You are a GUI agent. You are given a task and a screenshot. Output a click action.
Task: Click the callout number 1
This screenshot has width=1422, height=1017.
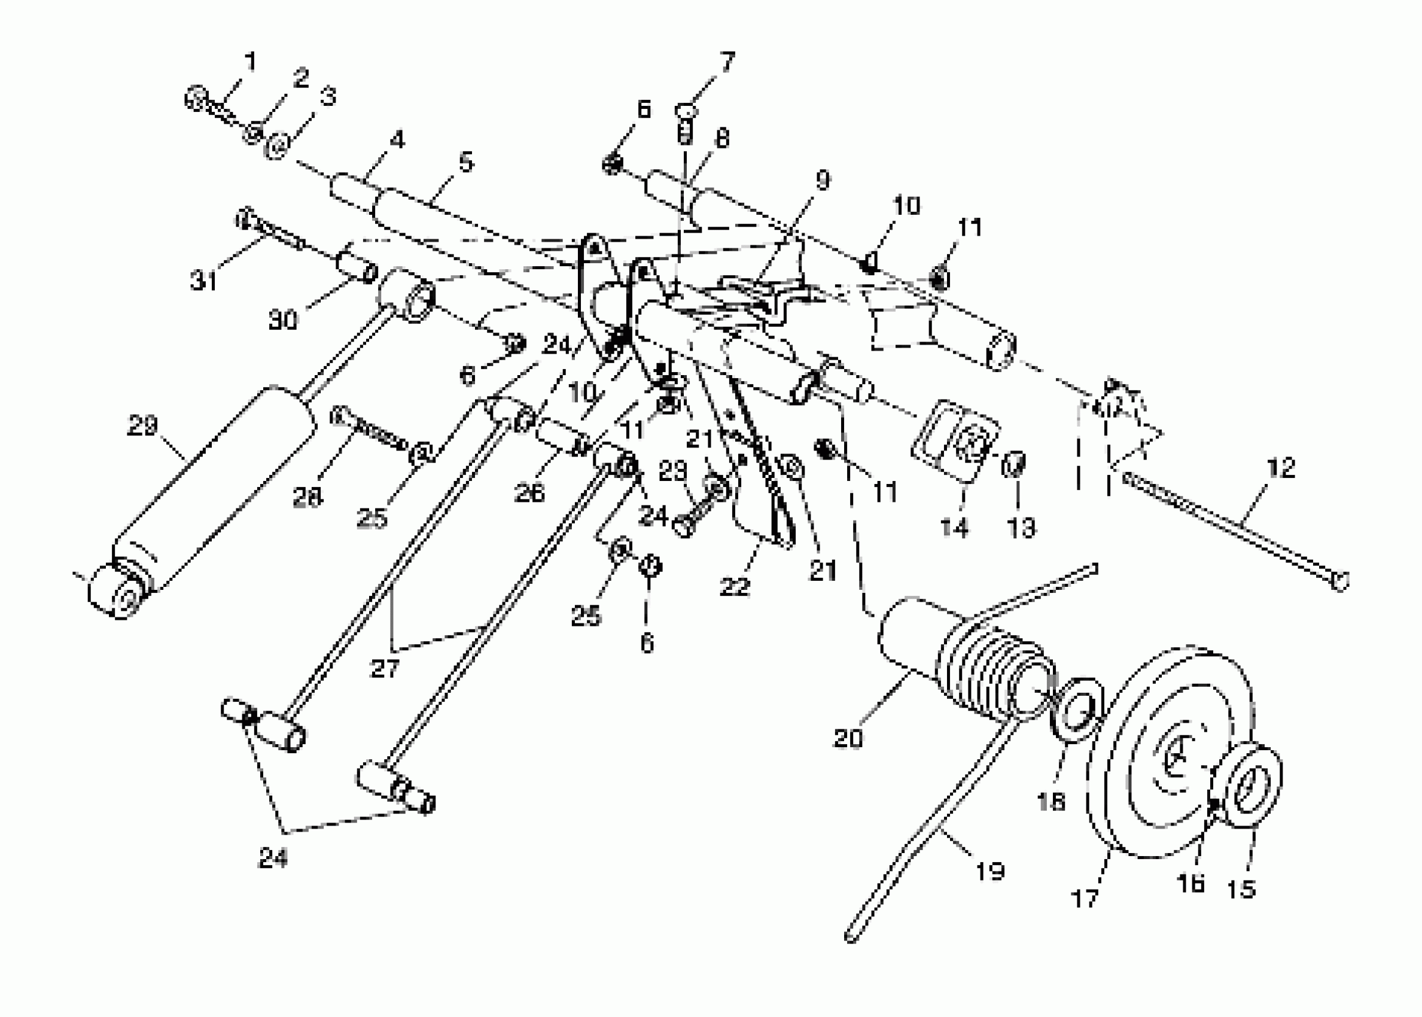click(x=250, y=62)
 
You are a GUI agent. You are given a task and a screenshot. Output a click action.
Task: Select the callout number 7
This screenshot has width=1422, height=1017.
click(x=727, y=62)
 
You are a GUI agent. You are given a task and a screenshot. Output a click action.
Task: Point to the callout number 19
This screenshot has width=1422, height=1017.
click(x=990, y=870)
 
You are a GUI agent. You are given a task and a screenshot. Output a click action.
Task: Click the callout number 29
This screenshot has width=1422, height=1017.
click(x=142, y=427)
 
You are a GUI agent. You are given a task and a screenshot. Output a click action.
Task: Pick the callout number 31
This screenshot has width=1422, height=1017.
click(x=203, y=281)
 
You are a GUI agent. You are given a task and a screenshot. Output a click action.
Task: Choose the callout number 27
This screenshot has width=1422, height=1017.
click(x=384, y=668)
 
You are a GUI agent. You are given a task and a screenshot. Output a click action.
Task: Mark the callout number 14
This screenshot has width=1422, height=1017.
click(x=954, y=527)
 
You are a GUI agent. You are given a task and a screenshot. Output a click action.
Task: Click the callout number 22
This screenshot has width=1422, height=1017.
click(x=735, y=587)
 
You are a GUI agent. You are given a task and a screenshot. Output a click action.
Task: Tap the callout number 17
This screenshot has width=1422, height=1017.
click(x=1085, y=899)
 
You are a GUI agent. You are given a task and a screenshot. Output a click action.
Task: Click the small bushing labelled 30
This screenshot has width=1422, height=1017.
click(x=358, y=267)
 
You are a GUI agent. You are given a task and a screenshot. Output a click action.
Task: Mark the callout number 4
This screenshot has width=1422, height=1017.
click(x=397, y=139)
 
